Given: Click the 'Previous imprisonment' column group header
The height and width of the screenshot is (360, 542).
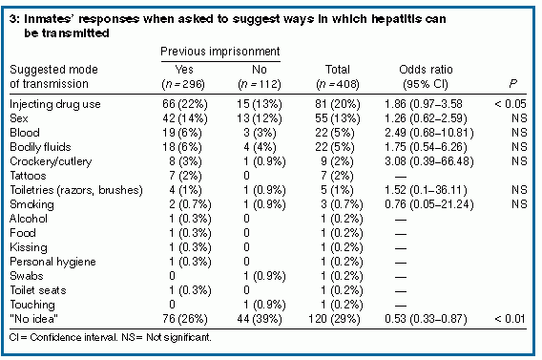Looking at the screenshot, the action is click(220, 52).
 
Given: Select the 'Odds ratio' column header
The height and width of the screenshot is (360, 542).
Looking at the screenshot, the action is click(426, 70).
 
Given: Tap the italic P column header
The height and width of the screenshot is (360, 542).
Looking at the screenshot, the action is click(513, 84).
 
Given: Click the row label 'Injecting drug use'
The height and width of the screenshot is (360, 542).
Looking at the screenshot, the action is click(55, 104).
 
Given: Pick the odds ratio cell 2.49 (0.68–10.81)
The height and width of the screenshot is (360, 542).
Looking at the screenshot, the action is click(429, 133).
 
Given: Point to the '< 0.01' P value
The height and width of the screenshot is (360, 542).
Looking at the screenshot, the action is click(511, 319).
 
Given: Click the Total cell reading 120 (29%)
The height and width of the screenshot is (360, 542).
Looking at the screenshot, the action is click(334, 319).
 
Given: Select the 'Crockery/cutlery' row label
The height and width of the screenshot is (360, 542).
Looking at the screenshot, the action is click(51, 161).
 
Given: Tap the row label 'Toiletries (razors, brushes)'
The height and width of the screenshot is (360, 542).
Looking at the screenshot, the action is click(76, 190).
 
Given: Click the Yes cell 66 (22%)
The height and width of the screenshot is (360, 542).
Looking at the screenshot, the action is click(185, 104).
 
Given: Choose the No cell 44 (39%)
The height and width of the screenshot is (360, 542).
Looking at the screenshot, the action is click(260, 319).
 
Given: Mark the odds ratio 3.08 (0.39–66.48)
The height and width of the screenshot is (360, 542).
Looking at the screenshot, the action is click(429, 161).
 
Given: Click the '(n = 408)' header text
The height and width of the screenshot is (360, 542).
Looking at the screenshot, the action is click(338, 84).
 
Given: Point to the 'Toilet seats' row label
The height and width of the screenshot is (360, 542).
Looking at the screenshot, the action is click(38, 290).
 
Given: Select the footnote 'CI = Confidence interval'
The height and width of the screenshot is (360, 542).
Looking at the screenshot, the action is click(63, 337).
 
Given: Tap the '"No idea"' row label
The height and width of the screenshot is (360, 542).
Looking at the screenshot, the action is click(34, 319).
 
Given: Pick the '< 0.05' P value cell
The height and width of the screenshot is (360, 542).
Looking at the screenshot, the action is click(511, 104).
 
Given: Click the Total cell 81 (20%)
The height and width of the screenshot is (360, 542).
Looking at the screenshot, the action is click(338, 104).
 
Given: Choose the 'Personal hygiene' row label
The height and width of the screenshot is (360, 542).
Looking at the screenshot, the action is click(52, 262).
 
